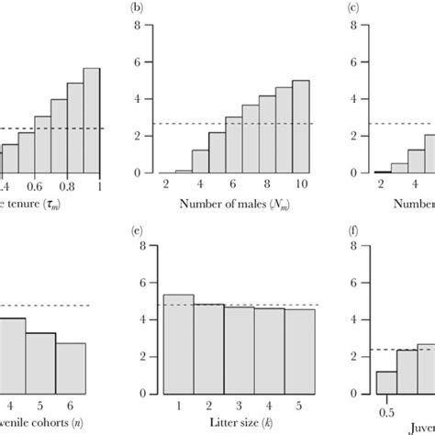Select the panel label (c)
(x=351, y=9)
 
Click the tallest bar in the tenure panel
(x=91, y=120)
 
